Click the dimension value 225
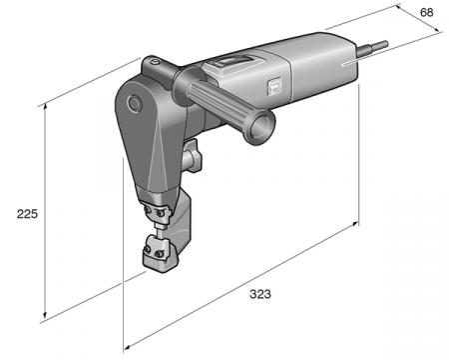tap(27, 214)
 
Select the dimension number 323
tap(260, 294)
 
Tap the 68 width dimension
tap(427, 12)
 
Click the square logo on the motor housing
tap(273, 86)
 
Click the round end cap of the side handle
tap(260, 127)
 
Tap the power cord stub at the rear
tap(372, 47)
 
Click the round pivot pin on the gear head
tap(134, 102)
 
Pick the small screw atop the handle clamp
tap(154, 62)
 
